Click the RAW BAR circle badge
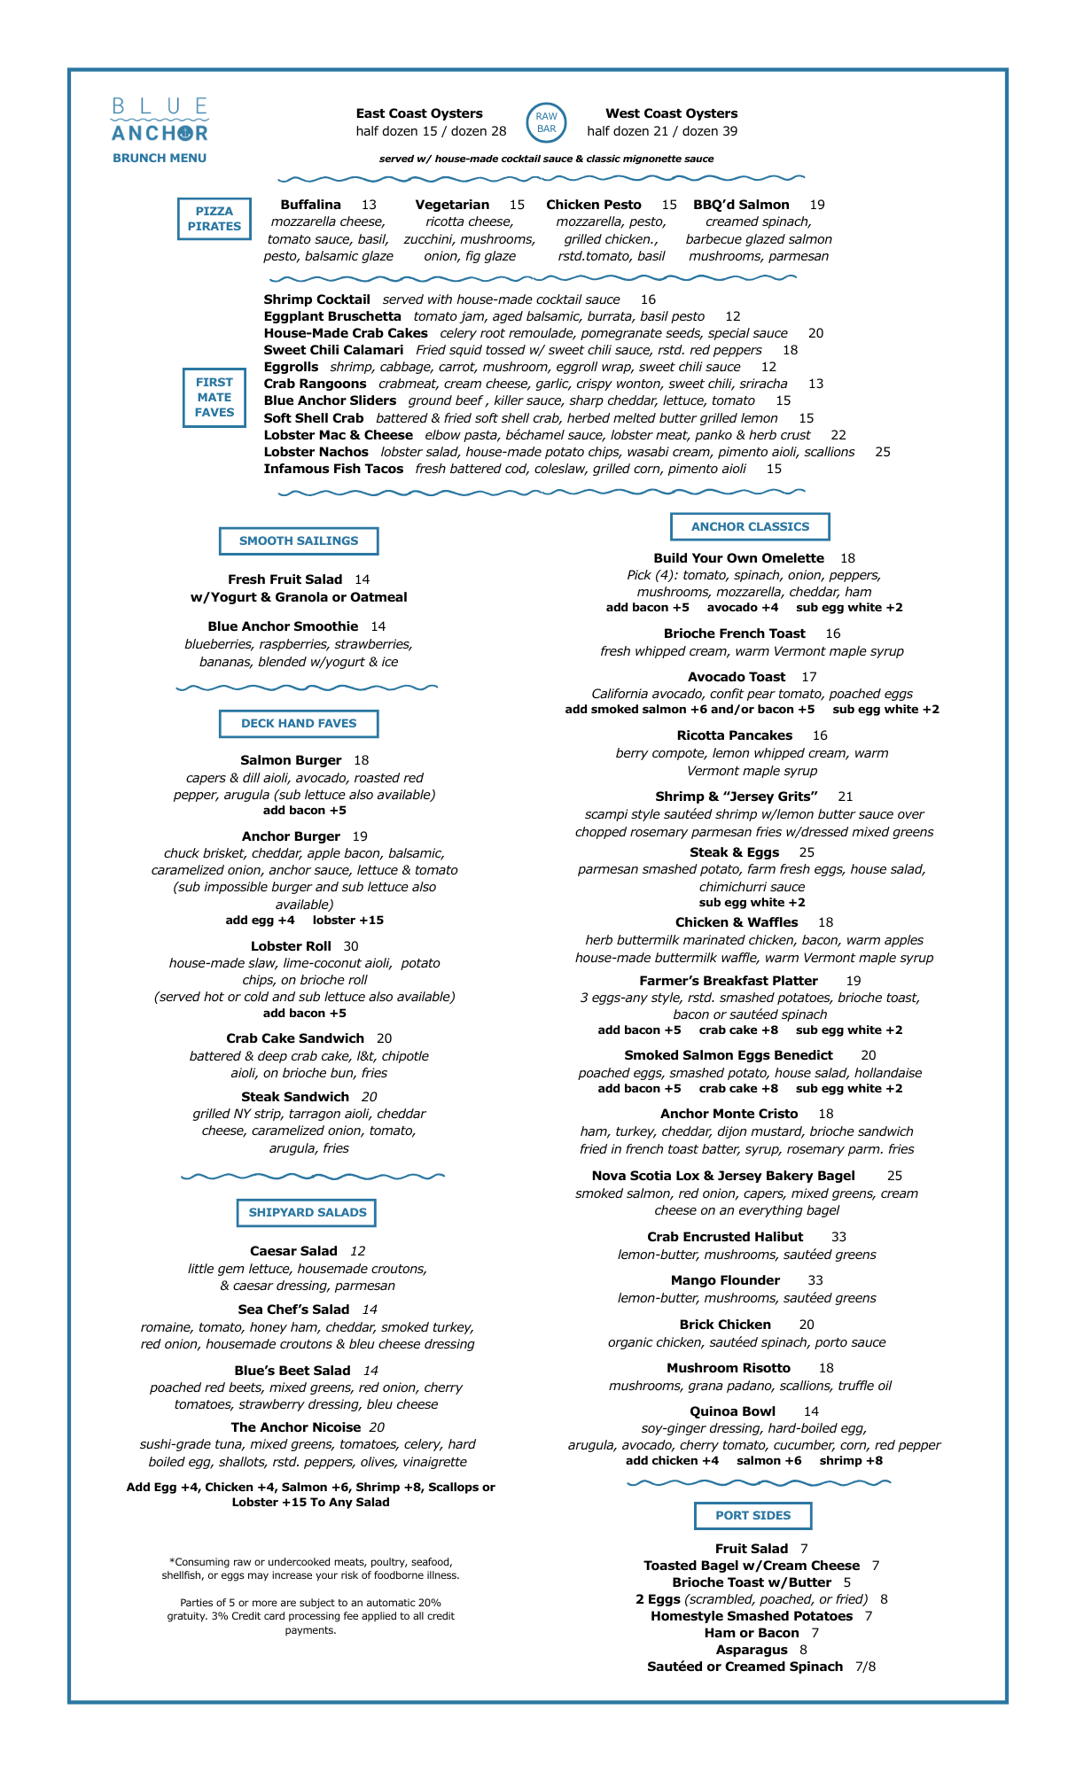(546, 122)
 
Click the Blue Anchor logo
(160, 120)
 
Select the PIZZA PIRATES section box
(214, 219)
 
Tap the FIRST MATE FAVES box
(214, 397)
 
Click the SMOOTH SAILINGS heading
(299, 540)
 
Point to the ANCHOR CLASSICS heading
(750, 526)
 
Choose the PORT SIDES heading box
(752, 1515)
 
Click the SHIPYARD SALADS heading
(307, 1212)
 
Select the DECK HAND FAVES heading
(299, 723)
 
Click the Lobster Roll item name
(291, 946)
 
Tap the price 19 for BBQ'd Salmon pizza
(816, 205)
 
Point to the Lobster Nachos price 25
(882, 452)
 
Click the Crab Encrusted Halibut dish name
(725, 1237)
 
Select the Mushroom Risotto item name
(729, 1368)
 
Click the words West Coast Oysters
(671, 113)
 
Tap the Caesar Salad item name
(293, 1251)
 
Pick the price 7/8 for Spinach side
(865, 1667)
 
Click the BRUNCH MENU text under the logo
(160, 158)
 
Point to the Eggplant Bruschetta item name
(332, 316)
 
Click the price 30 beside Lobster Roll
(351, 946)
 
